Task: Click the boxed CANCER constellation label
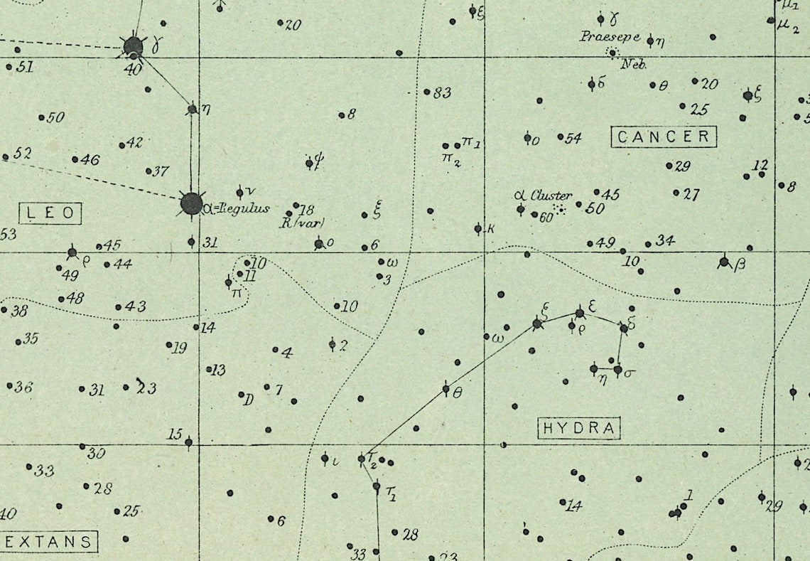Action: (x=664, y=137)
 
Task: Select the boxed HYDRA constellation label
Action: (x=579, y=428)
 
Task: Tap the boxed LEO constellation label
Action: (x=50, y=213)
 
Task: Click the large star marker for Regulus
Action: (x=191, y=204)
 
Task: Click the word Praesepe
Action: (x=610, y=36)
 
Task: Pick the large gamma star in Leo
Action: (x=133, y=47)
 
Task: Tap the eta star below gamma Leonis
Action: (x=192, y=109)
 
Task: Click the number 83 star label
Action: (x=442, y=92)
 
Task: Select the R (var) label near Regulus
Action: (x=302, y=223)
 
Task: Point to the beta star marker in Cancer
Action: (x=724, y=262)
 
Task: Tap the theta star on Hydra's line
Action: (x=446, y=388)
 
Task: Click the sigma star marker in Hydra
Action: (x=617, y=370)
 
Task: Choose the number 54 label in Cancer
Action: (x=573, y=138)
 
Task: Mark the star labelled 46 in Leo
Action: (x=75, y=159)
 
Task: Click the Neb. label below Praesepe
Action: (x=634, y=65)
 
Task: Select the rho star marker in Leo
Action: (x=72, y=252)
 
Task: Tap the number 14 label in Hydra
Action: (x=574, y=506)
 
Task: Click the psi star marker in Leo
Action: (x=309, y=164)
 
